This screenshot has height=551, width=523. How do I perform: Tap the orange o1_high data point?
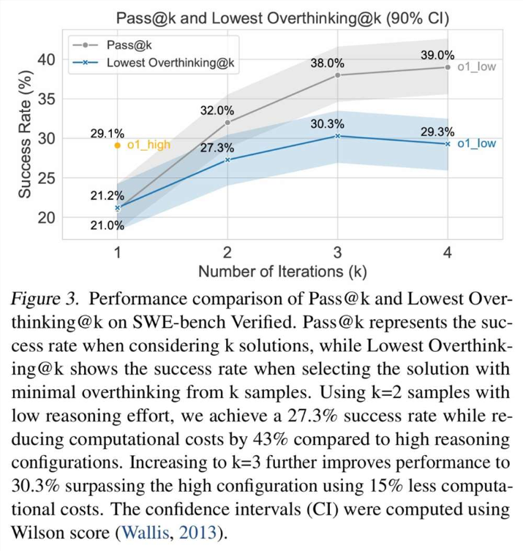(117, 145)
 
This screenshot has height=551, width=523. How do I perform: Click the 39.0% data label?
(437, 55)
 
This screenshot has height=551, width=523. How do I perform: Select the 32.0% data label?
(217, 110)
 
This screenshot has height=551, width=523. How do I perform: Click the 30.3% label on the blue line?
(327, 124)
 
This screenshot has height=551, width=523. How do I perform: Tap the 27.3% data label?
(218, 147)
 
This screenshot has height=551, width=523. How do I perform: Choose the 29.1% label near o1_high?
(108, 134)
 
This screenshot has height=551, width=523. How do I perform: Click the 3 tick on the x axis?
(337, 252)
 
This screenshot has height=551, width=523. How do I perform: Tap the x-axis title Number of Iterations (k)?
(282, 271)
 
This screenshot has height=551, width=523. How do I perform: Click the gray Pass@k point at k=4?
(448, 67)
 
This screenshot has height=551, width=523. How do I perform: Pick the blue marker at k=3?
(337, 135)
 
